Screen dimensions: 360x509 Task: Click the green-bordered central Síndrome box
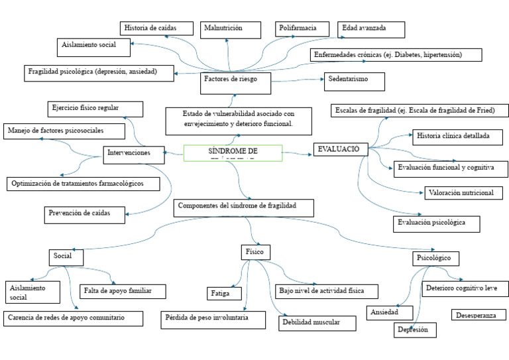(232, 153)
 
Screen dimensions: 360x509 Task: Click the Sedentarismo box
(354, 80)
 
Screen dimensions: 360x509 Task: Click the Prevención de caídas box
(86, 214)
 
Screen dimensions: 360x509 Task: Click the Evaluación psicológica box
(435, 223)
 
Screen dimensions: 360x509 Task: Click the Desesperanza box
(475, 316)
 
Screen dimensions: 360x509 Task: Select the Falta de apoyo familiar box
(123, 291)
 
